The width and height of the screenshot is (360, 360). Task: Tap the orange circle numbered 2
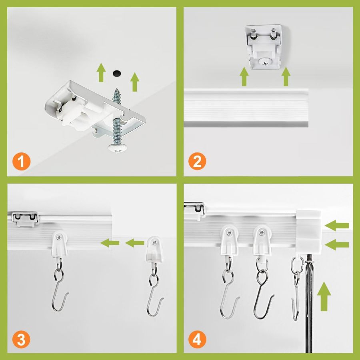(198, 162)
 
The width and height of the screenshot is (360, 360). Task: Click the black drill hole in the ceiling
(117, 73)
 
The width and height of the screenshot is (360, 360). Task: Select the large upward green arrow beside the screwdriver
(325, 296)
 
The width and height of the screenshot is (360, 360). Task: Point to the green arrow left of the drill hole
(101, 73)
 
